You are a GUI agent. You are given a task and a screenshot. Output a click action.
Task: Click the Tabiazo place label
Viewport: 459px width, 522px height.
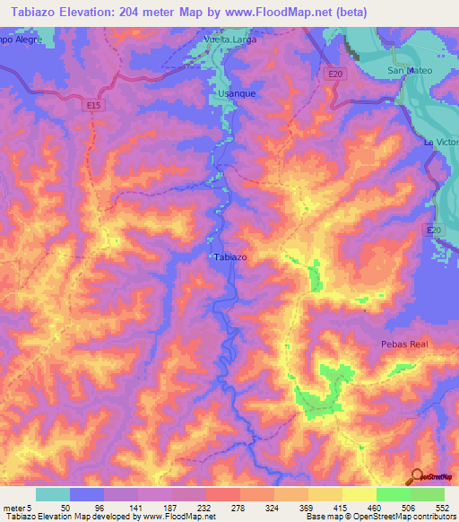(x=231, y=257)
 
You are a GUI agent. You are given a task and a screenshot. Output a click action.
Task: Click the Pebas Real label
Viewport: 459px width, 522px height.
(x=400, y=344)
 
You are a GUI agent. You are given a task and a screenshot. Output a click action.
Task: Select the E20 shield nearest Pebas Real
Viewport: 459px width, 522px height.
(x=434, y=231)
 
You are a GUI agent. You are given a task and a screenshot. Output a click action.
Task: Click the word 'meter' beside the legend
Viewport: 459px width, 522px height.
(x=13, y=507)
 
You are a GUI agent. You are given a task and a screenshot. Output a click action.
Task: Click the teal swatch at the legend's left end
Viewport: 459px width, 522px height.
(x=53, y=494)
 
